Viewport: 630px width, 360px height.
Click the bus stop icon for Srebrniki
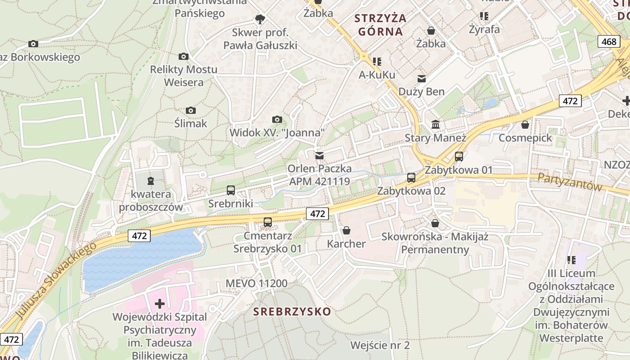click(231, 190)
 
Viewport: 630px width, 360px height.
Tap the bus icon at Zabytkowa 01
click(459, 157)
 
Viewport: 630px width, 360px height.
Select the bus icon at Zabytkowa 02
click(411, 178)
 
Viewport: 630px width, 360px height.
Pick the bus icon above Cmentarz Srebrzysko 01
click(268, 222)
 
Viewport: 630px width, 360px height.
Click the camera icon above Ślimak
click(191, 110)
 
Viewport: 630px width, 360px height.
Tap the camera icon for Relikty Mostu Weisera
click(183, 56)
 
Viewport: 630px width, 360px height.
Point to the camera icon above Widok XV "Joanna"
click(277, 119)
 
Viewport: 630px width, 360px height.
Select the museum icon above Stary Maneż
click(436, 124)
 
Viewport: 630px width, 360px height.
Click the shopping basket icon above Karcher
click(346, 230)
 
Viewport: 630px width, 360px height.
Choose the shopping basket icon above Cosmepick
click(525, 124)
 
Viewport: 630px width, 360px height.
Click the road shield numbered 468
click(609, 42)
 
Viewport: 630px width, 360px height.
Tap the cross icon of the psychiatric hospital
click(160, 304)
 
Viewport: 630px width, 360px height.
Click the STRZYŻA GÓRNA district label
click(380, 25)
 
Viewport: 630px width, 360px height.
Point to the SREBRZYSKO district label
click(292, 311)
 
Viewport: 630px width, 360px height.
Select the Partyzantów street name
click(570, 182)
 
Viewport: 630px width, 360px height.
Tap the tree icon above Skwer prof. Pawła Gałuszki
click(260, 19)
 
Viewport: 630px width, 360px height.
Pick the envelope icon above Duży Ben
click(422, 79)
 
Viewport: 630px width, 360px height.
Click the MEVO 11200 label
click(256, 283)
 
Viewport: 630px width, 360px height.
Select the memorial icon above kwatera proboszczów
click(151, 181)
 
